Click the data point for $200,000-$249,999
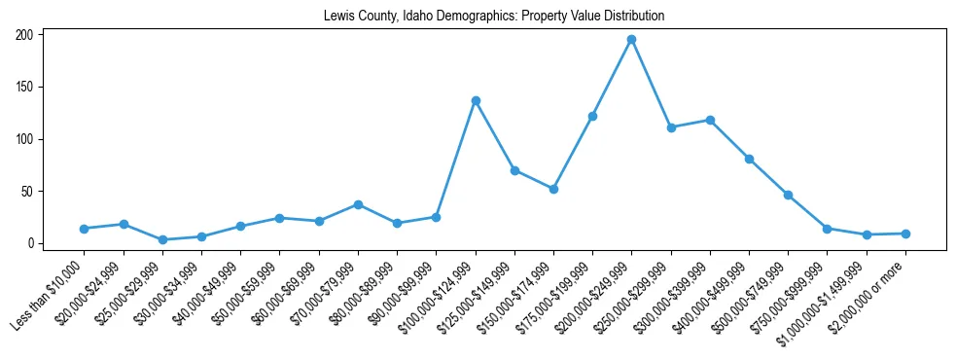click(x=631, y=39)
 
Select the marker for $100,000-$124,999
click(x=476, y=100)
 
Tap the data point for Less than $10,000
click(x=85, y=229)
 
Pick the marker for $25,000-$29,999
click(x=162, y=239)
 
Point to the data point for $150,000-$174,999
click(x=553, y=189)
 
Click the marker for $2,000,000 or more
click(x=905, y=234)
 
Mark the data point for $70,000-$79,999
click(x=358, y=204)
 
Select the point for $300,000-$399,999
click(x=710, y=120)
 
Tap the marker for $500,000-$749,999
click(x=788, y=195)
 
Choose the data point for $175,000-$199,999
click(x=592, y=116)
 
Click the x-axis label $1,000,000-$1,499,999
click(x=827, y=296)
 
